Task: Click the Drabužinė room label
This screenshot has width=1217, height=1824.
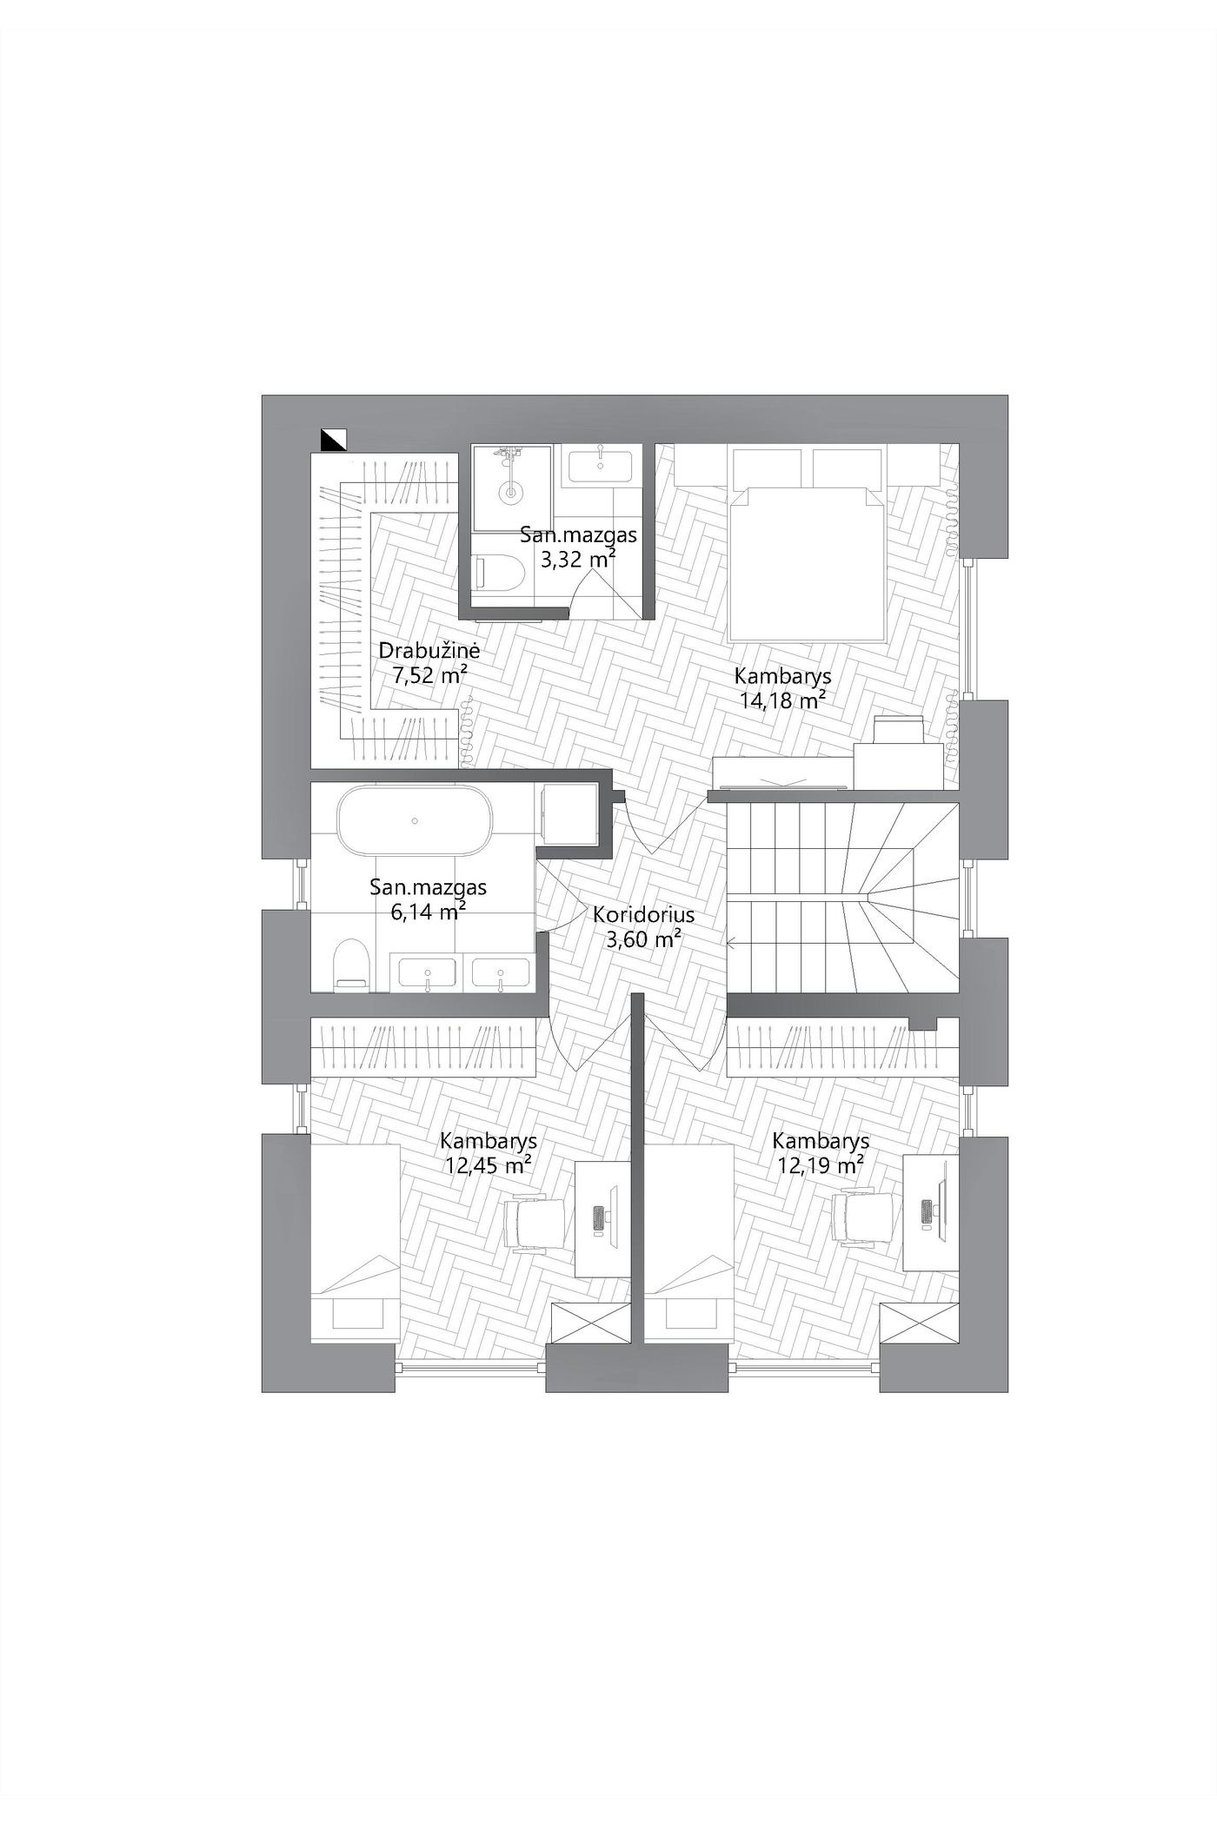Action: (x=429, y=650)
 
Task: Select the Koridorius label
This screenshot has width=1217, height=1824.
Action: (x=644, y=914)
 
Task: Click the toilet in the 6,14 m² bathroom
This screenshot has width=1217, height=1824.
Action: (x=352, y=964)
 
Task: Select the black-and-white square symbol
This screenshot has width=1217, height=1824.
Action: (x=334, y=441)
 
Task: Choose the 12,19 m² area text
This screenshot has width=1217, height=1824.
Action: (x=821, y=1164)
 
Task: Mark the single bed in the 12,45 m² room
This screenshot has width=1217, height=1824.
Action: (x=355, y=1243)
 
